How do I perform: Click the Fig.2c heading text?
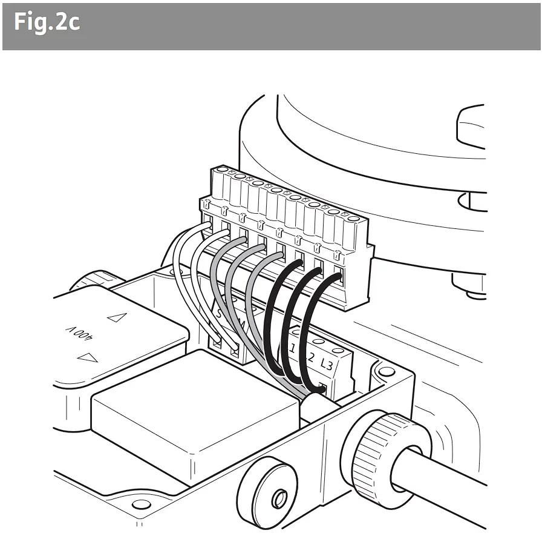(48, 23)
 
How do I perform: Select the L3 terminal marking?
(327, 364)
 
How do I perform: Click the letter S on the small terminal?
(220, 314)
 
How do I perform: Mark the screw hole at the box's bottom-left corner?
(140, 505)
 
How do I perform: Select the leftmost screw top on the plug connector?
(223, 171)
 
